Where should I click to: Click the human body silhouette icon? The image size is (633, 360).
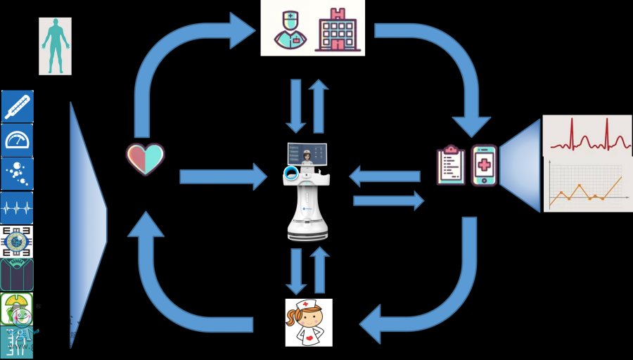55,46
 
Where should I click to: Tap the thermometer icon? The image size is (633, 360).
18,106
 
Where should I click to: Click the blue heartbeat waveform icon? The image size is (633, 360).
17,208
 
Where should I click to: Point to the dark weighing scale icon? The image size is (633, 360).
17,274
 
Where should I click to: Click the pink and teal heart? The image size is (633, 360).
145,159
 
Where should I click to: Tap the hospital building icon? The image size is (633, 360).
337,30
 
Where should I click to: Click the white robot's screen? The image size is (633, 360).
307,154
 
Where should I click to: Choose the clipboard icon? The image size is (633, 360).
450,166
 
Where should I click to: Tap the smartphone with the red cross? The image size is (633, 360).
485,166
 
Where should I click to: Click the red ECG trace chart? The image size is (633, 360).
587,135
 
